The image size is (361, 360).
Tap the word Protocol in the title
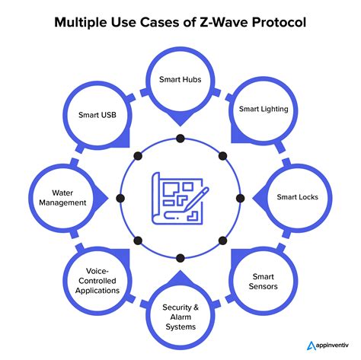(x=279, y=22)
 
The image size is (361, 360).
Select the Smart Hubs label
(x=180, y=79)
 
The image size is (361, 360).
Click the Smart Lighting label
(x=264, y=109)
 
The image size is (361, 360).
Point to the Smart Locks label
(x=297, y=197)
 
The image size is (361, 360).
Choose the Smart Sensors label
(x=264, y=282)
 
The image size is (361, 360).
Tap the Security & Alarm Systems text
(x=180, y=317)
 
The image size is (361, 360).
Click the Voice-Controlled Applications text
(x=97, y=281)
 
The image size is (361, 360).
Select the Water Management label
(x=62, y=198)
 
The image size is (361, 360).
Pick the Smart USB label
(x=97, y=115)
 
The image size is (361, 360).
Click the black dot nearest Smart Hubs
(x=180, y=139)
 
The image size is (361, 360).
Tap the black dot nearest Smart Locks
(x=241, y=198)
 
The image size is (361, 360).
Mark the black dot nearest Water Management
(x=120, y=198)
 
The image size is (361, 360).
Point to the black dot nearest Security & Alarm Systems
(x=180, y=258)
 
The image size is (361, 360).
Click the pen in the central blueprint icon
(x=196, y=199)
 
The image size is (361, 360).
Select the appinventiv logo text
(x=332, y=346)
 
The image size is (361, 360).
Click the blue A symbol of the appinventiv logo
(x=311, y=346)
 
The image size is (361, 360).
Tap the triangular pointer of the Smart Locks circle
(x=260, y=198)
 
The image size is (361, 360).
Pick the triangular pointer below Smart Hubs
(x=180, y=119)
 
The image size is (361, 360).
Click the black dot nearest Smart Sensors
(x=222, y=241)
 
